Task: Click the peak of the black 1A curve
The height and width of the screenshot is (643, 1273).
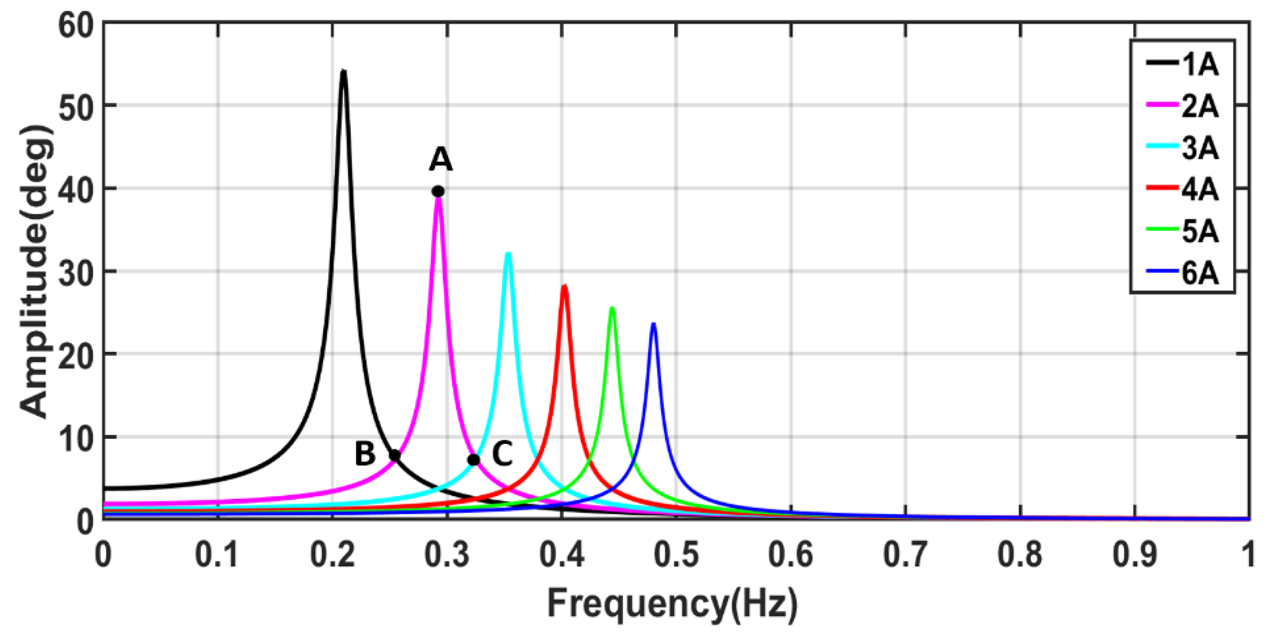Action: pyautogui.click(x=343, y=72)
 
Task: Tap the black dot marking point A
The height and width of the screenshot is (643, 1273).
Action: pyautogui.click(x=438, y=191)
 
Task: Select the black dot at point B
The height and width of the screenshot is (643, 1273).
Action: pyautogui.click(x=395, y=455)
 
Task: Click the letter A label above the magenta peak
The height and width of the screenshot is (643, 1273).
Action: pyautogui.click(x=440, y=160)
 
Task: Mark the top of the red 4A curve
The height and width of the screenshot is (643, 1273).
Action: pyautogui.click(x=564, y=286)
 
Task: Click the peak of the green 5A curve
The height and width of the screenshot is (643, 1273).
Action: pyautogui.click(x=612, y=308)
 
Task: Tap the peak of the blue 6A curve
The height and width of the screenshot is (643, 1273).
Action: pyautogui.click(x=653, y=324)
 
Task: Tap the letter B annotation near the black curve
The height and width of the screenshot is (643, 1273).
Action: pyautogui.click(x=365, y=454)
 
